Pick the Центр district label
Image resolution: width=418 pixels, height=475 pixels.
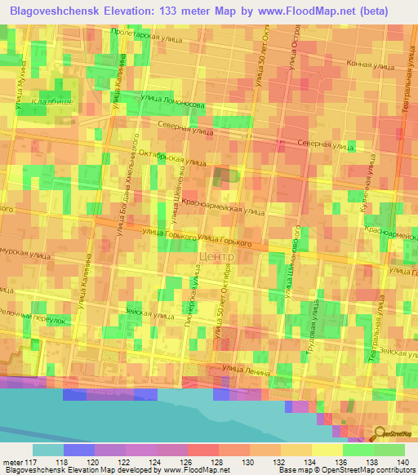pyautogui.click(x=216, y=256)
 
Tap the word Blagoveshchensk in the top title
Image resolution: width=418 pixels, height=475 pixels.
pyautogui.click(x=56, y=10)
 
